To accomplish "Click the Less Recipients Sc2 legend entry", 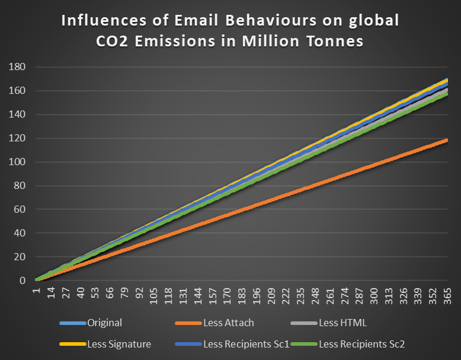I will [x=362, y=343].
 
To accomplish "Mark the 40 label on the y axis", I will [x=18, y=233].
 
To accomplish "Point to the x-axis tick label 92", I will [x=139, y=295].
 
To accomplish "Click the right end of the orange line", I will [x=447, y=140].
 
